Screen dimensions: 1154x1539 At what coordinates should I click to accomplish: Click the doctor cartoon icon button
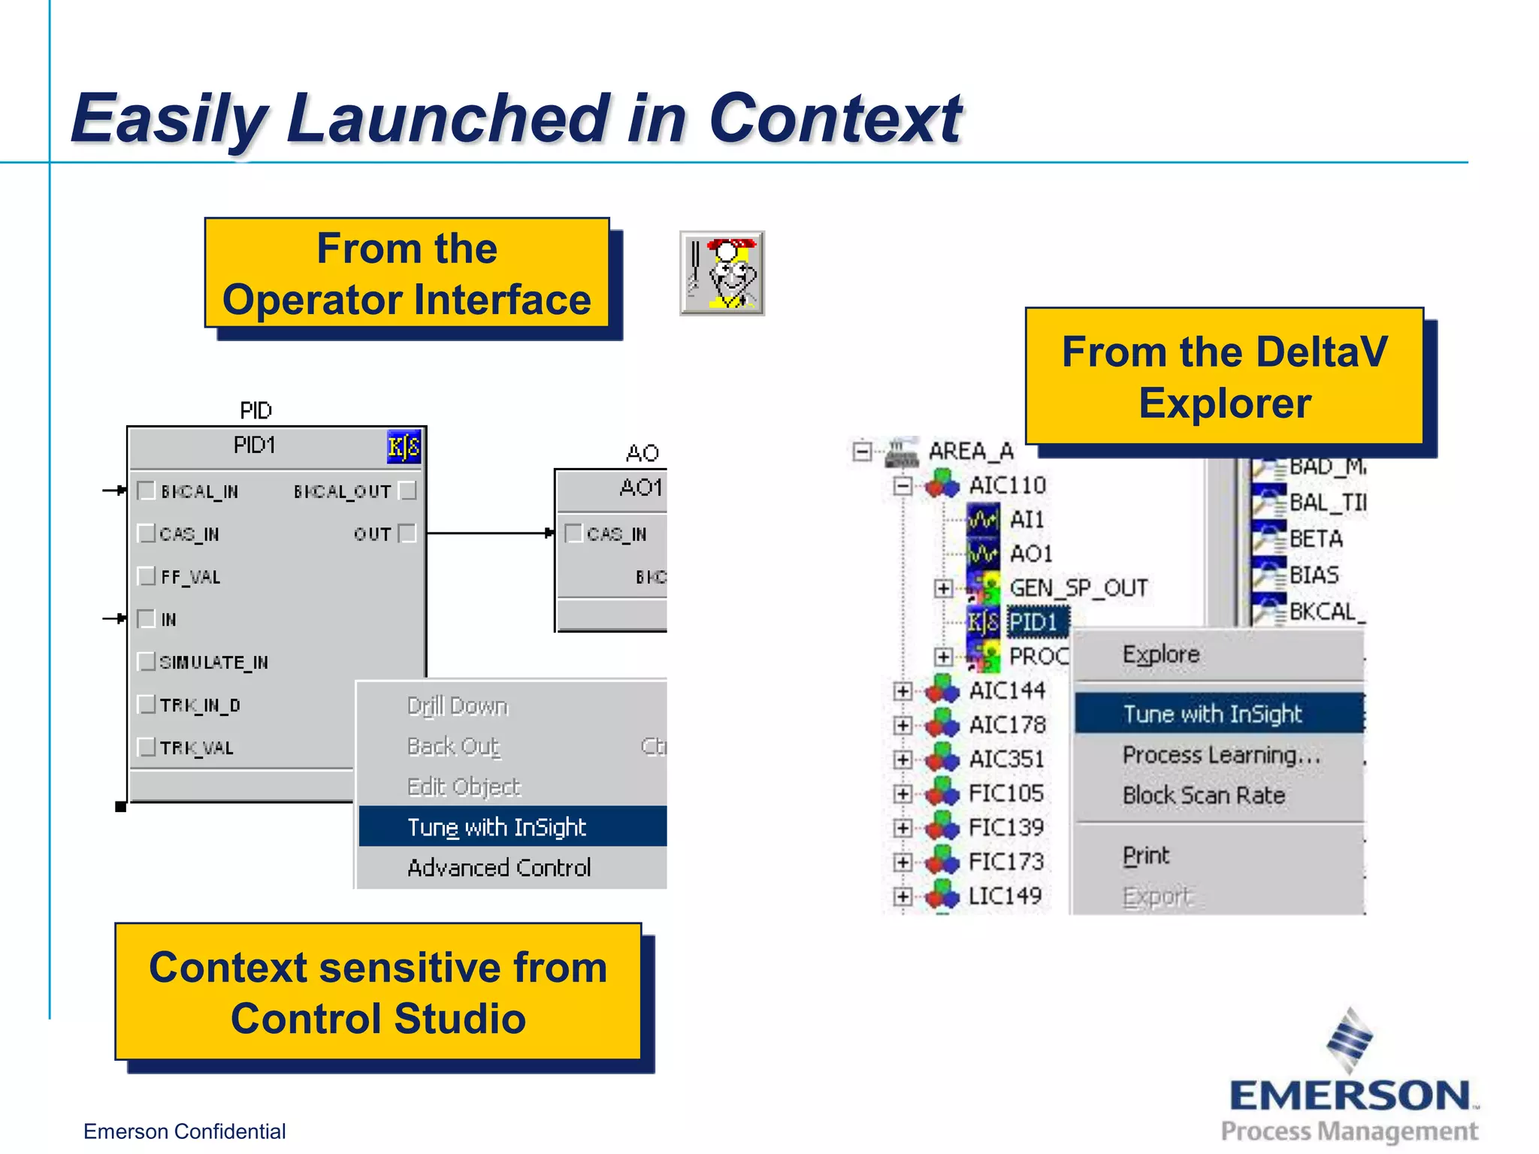pyautogui.click(x=722, y=273)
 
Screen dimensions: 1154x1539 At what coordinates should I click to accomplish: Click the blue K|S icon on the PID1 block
pyautogui.click(x=404, y=447)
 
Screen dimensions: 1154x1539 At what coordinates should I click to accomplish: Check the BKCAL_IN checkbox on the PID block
pyautogui.click(x=147, y=491)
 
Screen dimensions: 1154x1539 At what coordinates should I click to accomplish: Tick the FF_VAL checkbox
pyautogui.click(x=147, y=576)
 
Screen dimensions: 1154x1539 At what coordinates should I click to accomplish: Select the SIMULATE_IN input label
pyautogui.click(x=213, y=663)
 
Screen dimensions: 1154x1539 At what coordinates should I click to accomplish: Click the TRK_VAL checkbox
pyautogui.click(x=147, y=747)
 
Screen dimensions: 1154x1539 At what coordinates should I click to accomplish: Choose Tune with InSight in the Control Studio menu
pyautogui.click(x=497, y=827)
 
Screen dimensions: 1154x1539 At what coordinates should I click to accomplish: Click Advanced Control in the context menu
pyautogui.click(x=499, y=868)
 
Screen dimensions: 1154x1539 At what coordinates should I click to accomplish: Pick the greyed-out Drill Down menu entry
pyautogui.click(x=457, y=706)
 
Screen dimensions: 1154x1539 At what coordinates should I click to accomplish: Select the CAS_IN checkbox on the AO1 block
pyautogui.click(x=573, y=533)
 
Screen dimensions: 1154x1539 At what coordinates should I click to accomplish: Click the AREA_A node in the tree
pyautogui.click(x=970, y=452)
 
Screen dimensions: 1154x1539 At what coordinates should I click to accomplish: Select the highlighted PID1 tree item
pyautogui.click(x=1033, y=622)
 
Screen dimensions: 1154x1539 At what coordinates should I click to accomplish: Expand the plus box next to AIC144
pyautogui.click(x=903, y=691)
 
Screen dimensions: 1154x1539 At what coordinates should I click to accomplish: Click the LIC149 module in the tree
pyautogui.click(x=1005, y=896)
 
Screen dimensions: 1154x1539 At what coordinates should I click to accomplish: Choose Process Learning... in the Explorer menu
pyautogui.click(x=1220, y=755)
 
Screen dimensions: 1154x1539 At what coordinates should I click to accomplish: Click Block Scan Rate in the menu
pyautogui.click(x=1203, y=796)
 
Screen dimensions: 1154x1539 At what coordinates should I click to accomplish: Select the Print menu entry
pyautogui.click(x=1146, y=856)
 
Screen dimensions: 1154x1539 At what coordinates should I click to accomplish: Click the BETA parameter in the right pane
pyautogui.click(x=1315, y=539)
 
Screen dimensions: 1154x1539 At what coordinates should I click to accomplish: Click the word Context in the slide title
pyautogui.click(x=835, y=119)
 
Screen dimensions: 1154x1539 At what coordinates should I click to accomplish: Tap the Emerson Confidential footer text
pyautogui.click(x=184, y=1131)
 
